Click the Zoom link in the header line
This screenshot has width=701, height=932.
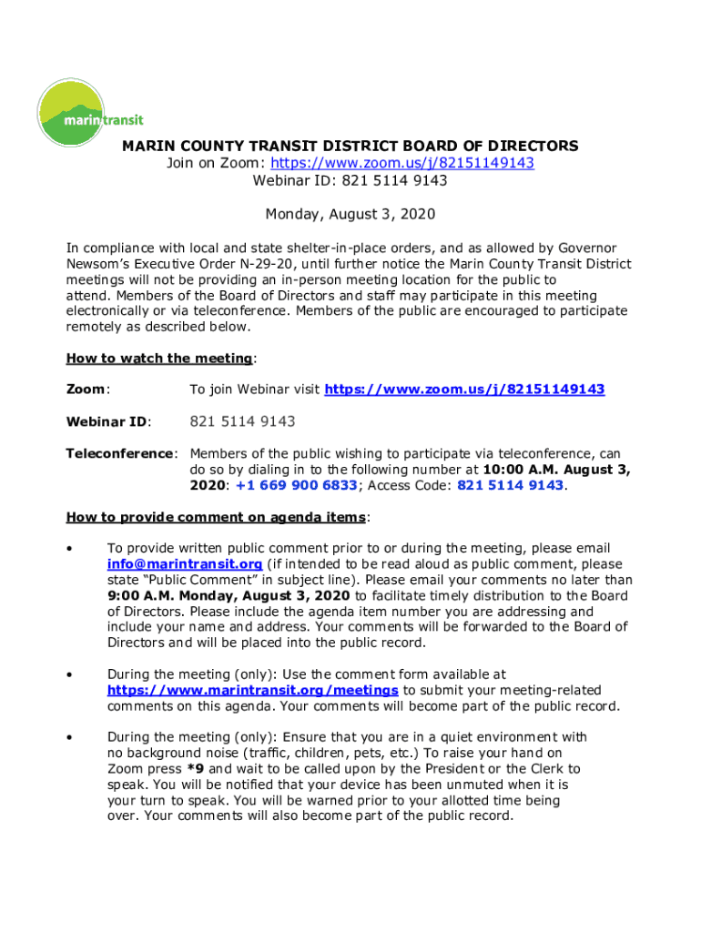pos(401,163)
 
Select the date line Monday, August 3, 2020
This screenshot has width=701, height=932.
pos(350,215)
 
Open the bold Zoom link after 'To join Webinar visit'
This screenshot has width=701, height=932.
pos(464,390)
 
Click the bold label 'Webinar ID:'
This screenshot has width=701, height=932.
pos(108,421)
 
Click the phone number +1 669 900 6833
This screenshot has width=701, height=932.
pos(296,485)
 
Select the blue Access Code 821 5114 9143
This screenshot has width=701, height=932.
pos(510,485)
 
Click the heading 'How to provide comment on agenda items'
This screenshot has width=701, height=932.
pos(216,517)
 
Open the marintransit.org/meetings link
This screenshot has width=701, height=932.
pos(252,691)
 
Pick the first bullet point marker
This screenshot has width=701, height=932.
pos(70,549)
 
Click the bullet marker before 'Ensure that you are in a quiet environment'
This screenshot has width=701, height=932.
pos(70,738)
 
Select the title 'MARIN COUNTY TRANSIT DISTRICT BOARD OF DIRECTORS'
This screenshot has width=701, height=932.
pos(350,146)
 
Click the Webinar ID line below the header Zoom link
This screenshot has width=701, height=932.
pos(350,180)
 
